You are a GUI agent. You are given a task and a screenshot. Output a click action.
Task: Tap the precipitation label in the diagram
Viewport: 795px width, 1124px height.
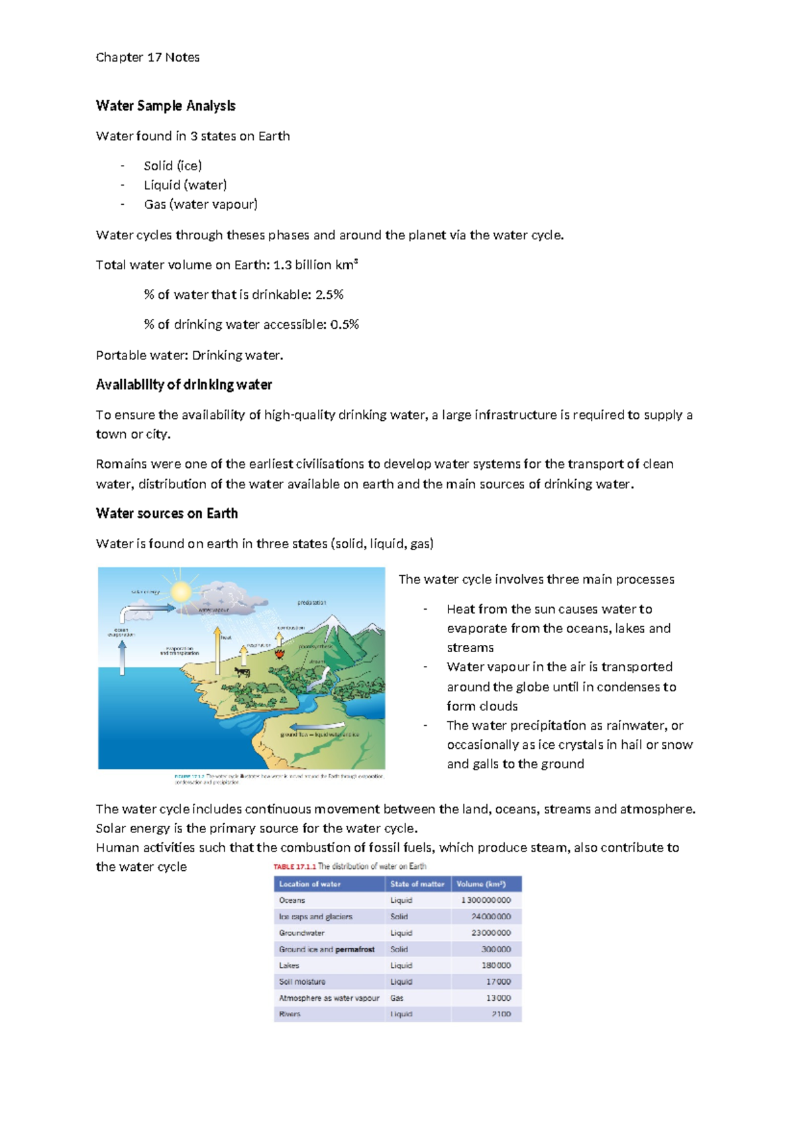pyautogui.click(x=311, y=602)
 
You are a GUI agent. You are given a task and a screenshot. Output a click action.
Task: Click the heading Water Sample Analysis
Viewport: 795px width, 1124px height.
pyautogui.click(x=166, y=106)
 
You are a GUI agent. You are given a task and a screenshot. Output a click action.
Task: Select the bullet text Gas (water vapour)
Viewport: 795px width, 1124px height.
pyautogui.click(x=201, y=204)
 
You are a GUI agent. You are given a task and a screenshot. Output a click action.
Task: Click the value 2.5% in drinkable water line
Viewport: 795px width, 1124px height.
pyautogui.click(x=329, y=294)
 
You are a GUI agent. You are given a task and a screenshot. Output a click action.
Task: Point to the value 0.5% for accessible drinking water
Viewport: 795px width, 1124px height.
pyautogui.click(x=344, y=324)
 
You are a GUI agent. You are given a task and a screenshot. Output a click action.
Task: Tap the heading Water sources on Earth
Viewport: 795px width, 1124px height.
pyautogui.click(x=167, y=513)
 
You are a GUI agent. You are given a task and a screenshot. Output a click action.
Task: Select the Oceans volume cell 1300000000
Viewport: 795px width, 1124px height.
pyautogui.click(x=486, y=900)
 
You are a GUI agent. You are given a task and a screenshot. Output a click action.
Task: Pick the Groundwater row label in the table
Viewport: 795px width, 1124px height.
pyautogui.click(x=301, y=932)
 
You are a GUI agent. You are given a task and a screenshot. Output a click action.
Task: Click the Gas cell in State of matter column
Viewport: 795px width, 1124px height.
pyautogui.click(x=397, y=997)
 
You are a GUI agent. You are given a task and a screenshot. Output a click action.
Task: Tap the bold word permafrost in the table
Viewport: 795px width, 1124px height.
pyautogui.click(x=355, y=949)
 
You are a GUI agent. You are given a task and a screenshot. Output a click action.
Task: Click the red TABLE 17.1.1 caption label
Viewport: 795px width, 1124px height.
pyautogui.click(x=294, y=866)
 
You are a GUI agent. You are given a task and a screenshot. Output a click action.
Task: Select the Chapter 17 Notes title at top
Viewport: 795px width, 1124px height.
pyautogui.click(x=148, y=57)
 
